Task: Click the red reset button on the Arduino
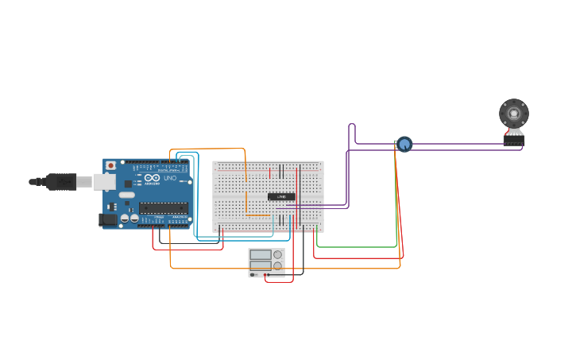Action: (x=110, y=165)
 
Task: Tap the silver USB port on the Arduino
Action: (x=104, y=182)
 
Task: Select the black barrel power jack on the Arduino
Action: (x=106, y=219)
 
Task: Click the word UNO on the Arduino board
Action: (x=170, y=178)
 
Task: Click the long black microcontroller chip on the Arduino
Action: (x=164, y=208)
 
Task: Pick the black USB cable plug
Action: (x=61, y=182)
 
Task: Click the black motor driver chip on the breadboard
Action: (x=281, y=196)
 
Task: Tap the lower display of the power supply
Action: (x=261, y=265)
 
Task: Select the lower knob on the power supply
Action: (x=277, y=265)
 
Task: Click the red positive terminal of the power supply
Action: (x=265, y=275)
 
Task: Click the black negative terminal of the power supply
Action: (x=269, y=275)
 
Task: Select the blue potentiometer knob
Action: (x=404, y=144)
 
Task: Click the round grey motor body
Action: (x=514, y=113)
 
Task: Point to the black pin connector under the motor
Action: (x=513, y=140)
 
